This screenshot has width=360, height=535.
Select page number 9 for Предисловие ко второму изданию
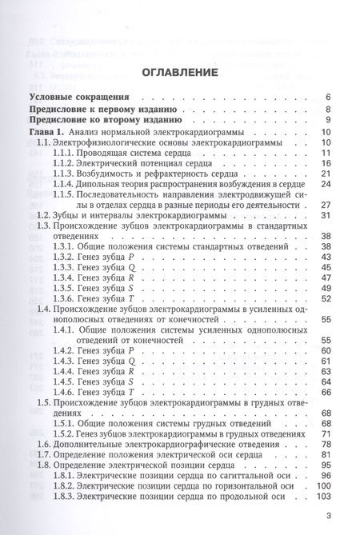pyautogui.click(x=328, y=120)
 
